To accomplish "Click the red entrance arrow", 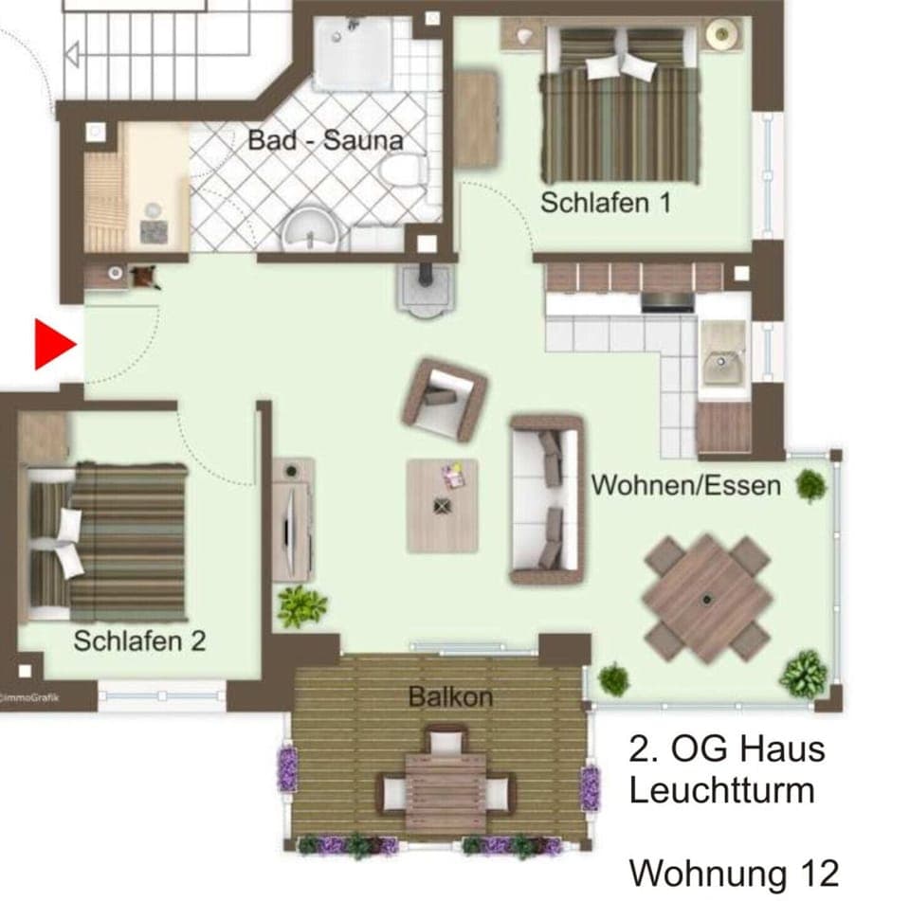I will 53,345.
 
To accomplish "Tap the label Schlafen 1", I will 606,202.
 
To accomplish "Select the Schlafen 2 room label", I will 139,640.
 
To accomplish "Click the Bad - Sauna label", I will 325,141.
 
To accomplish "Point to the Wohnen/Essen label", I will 686,485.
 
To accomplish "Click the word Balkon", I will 450,697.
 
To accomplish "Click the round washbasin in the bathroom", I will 310,227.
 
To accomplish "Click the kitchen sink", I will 725,362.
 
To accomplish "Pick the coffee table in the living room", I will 443,505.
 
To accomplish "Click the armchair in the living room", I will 444,398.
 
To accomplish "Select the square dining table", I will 707,597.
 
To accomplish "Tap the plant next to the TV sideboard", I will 302,605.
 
